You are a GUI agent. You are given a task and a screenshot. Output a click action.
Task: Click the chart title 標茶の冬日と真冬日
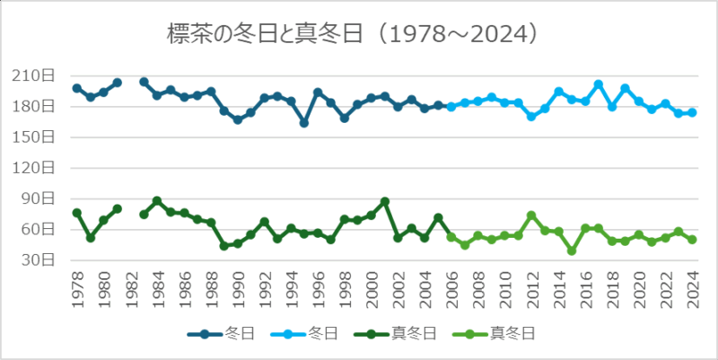pyautogui.click(x=353, y=34)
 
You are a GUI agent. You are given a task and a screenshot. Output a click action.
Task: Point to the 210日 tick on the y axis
pyautogui.click(x=39, y=76)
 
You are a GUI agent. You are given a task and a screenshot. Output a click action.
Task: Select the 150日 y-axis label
pyautogui.click(x=39, y=137)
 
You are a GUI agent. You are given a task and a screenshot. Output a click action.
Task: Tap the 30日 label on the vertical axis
pyautogui.click(x=41, y=260)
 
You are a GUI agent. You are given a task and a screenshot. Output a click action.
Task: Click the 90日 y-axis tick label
pyautogui.click(x=41, y=199)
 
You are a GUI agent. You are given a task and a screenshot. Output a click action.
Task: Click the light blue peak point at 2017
pyautogui.click(x=599, y=84)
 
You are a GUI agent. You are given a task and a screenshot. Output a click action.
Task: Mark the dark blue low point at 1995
pyautogui.click(x=304, y=123)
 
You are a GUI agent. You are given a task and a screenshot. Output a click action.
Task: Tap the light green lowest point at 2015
pyautogui.click(x=572, y=251)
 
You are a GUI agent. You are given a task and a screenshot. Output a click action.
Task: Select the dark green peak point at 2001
pyautogui.click(x=384, y=202)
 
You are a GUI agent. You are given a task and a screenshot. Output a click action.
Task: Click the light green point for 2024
pyautogui.click(x=692, y=240)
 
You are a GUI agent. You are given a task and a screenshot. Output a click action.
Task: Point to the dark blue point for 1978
pyautogui.click(x=76, y=88)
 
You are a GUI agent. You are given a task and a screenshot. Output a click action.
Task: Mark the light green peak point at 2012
pyautogui.click(x=531, y=215)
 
